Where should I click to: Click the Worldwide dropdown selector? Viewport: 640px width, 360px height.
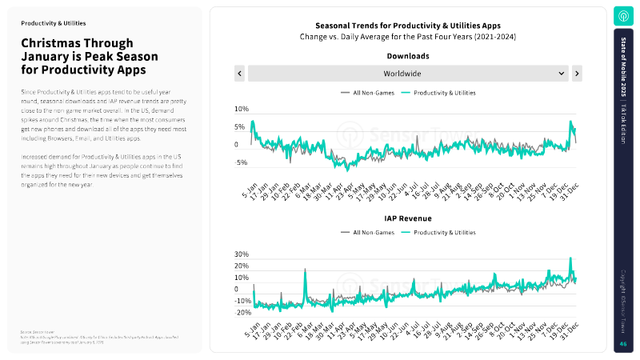407,73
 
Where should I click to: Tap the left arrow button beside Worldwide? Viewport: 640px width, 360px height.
239,73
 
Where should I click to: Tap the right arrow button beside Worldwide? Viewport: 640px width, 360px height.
577,73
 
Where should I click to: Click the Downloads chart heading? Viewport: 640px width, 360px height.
408,57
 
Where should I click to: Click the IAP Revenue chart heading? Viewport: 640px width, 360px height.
408,218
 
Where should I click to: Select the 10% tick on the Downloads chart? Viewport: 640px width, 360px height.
240,109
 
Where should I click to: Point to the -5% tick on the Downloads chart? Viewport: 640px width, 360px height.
240,162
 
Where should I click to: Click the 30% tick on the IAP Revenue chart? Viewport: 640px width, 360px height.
240,254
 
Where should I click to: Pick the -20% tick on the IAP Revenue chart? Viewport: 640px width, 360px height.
240,313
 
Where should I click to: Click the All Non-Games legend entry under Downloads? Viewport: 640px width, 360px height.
369,93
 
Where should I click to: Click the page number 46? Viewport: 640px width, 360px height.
623,344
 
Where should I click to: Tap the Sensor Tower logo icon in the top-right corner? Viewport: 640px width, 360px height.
623,16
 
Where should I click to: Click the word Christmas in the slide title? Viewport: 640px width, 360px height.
54,43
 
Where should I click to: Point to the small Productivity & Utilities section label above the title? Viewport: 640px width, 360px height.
54,23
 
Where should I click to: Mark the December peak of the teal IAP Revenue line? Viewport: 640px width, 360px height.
570,258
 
